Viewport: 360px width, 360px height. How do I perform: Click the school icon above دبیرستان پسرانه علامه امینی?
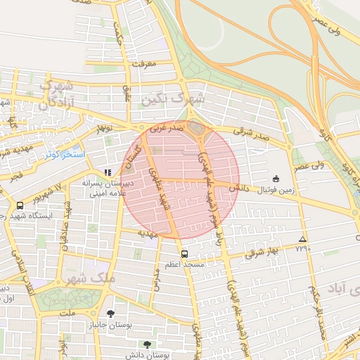coord(108,172)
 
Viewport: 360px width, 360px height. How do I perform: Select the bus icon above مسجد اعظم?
coord(184,254)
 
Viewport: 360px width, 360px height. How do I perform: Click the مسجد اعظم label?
coord(185,264)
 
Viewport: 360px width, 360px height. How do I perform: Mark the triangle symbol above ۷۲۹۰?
coord(302,239)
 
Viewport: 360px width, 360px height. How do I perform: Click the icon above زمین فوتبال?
coord(275,179)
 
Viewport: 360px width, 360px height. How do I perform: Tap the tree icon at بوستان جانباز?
coord(110,314)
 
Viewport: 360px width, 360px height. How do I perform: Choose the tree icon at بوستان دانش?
coord(146,345)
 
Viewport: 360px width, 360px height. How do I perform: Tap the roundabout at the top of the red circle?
coord(196,129)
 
